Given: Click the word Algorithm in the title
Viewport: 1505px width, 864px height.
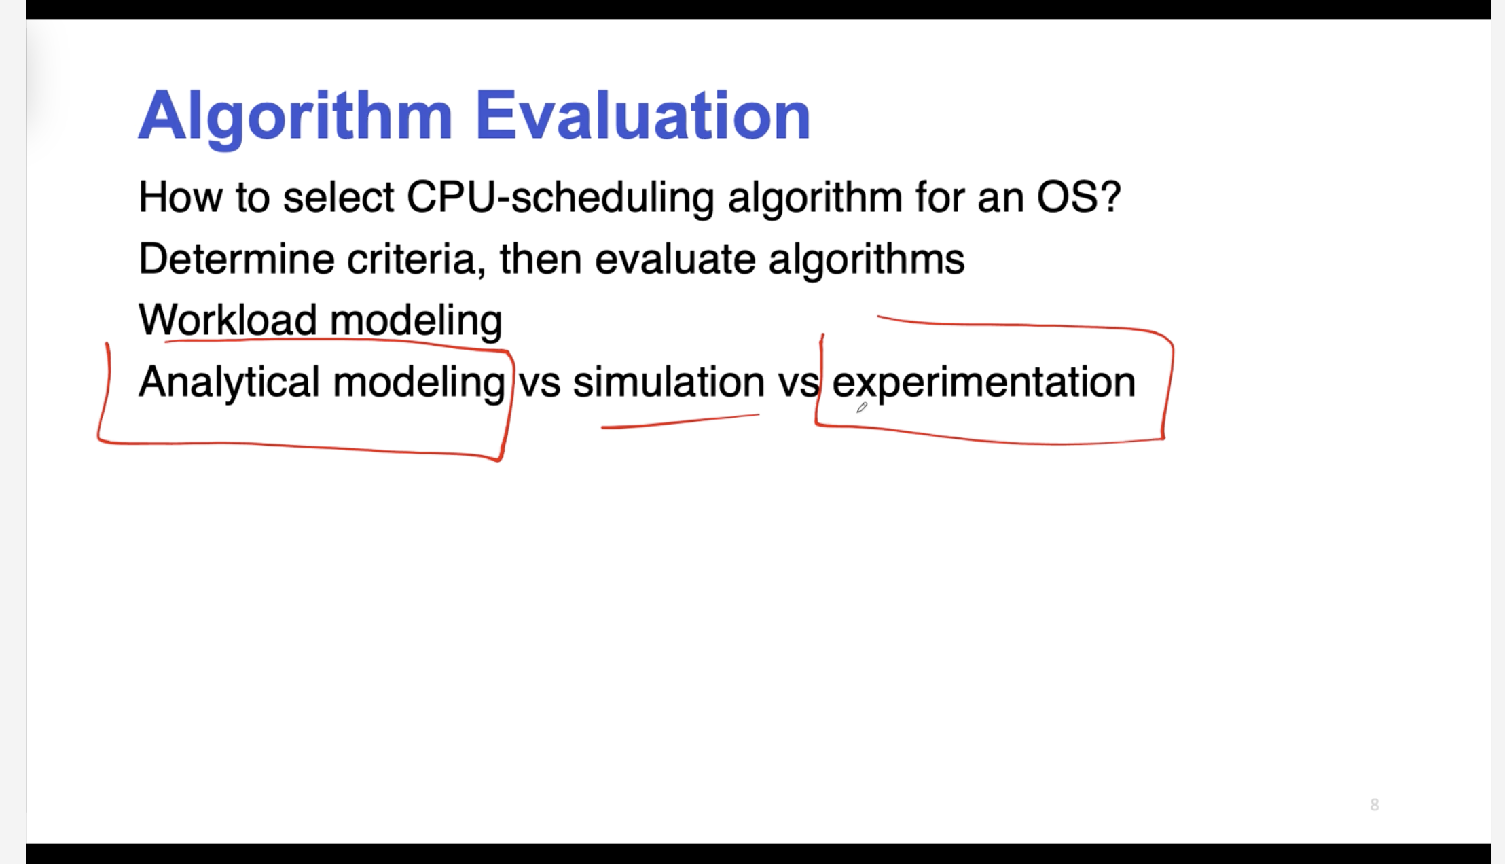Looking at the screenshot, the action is click(295, 117).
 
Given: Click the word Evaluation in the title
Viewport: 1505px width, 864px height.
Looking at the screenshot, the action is click(642, 115).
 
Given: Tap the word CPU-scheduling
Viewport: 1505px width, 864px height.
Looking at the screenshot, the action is click(560, 198).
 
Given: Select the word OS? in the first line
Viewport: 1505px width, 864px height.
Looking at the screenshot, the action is click(1078, 197).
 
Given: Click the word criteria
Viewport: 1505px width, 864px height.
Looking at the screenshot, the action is click(416, 259).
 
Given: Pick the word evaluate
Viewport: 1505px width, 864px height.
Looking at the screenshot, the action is click(675, 259).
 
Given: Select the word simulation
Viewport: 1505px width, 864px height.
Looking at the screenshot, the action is click(669, 382).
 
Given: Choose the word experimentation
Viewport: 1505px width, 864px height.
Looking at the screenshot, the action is click(983, 384).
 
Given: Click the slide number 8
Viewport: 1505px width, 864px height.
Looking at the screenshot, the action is click(1375, 805).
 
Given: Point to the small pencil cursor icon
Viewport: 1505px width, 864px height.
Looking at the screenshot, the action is click(862, 408).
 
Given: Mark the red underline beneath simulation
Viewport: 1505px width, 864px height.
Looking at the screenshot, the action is click(681, 421).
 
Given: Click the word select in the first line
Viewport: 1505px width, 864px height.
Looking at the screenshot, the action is click(338, 198).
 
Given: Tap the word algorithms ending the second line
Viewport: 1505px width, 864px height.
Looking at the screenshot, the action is click(867, 261).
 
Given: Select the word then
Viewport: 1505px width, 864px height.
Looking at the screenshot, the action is click(541, 259).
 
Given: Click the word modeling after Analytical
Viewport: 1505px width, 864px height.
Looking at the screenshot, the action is click(419, 384).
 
